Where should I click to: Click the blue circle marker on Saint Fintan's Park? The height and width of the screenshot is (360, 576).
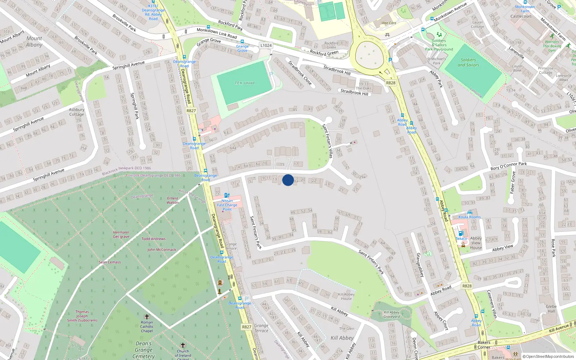pyautogui.click(x=288, y=180)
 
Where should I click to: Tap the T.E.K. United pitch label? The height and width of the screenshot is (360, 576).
pyautogui.click(x=244, y=83)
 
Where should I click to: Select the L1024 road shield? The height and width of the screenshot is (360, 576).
pyautogui.click(x=266, y=45)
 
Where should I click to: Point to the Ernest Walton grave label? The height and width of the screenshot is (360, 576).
pyautogui.click(x=172, y=200)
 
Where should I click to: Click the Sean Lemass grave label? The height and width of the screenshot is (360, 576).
pyautogui.click(x=110, y=262)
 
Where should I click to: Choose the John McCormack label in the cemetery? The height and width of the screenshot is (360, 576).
pyautogui.click(x=162, y=249)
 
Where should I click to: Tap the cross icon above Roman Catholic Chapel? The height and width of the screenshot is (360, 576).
pyautogui.click(x=147, y=317)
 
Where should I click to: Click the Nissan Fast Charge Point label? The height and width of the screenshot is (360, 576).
pyautogui.click(x=227, y=205)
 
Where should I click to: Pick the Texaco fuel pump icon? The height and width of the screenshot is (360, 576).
pyautogui.click(x=461, y=233)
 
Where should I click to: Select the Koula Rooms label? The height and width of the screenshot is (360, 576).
pyautogui.click(x=469, y=217)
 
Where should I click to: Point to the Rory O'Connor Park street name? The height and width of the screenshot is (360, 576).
pyautogui.click(x=508, y=166)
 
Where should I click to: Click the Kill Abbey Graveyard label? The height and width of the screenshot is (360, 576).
pyautogui.click(x=392, y=314)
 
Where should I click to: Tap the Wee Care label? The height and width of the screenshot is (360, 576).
pyautogui.click(x=389, y=23)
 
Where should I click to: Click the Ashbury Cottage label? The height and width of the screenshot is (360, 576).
pyautogui.click(x=77, y=112)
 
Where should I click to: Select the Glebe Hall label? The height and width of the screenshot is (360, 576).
pyautogui.click(x=551, y=309)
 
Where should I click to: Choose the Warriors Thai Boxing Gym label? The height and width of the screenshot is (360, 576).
pyautogui.click(x=552, y=46)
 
